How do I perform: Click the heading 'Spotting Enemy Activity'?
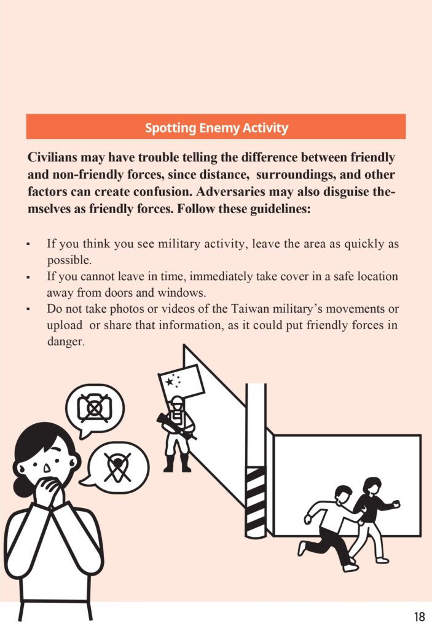tap(216, 128)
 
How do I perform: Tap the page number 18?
tap(420, 616)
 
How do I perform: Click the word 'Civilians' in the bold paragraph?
tap(54, 157)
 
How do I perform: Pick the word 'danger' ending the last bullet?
tap(65, 342)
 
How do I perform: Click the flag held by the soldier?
tap(182, 381)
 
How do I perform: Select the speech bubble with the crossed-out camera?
tap(95, 408)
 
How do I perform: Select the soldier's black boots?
tap(177, 465)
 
